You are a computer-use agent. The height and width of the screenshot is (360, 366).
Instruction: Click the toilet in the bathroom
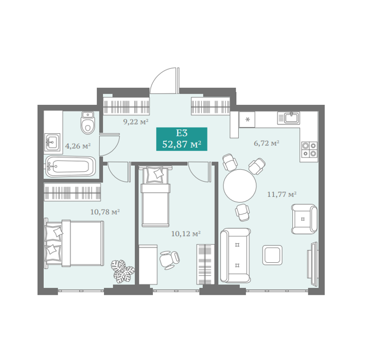(88, 122)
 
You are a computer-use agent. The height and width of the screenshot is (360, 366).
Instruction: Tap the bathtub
(71, 167)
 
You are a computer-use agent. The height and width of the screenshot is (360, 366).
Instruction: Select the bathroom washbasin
(53, 142)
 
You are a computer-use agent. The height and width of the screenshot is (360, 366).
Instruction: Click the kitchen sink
(288, 118)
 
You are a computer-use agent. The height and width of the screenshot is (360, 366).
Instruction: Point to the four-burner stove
(309, 149)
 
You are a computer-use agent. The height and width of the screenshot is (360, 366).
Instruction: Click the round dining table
(240, 186)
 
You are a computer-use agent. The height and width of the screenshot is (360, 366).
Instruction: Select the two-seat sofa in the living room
(236, 255)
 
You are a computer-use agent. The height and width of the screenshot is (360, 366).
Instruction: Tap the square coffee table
(272, 255)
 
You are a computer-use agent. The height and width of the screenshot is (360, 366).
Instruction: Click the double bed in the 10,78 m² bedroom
(74, 243)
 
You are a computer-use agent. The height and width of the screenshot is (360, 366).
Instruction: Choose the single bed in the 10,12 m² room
(155, 196)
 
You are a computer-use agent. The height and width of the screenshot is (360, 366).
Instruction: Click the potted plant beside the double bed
(123, 272)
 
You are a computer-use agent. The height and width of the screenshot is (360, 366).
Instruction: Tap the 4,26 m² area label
(78, 146)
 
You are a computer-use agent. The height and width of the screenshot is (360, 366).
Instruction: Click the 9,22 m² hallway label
(136, 121)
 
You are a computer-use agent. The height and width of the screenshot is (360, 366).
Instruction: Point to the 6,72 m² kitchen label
(267, 143)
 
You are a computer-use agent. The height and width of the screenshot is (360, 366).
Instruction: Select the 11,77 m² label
(282, 194)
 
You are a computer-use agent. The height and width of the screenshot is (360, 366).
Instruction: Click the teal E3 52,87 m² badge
(182, 139)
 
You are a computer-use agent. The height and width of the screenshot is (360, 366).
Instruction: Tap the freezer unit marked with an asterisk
(247, 119)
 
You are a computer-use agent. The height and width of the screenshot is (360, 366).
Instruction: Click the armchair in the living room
(304, 219)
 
